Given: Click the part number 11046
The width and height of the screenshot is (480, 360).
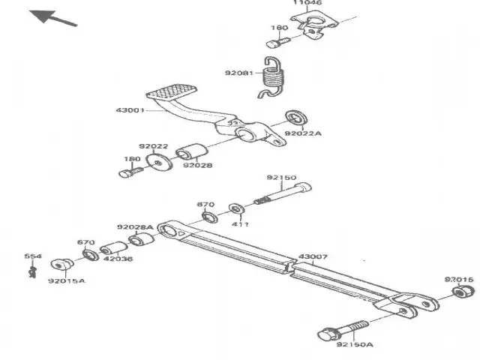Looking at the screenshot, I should click(307, 4).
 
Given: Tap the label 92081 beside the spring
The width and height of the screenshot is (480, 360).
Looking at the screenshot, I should click(238, 73).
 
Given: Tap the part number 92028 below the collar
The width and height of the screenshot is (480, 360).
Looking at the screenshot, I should click(196, 166).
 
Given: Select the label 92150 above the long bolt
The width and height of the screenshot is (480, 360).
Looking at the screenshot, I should click(281, 178).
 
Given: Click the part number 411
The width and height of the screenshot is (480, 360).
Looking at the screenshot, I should click(240, 224).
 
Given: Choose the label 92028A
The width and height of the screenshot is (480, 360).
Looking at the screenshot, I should click(135, 226).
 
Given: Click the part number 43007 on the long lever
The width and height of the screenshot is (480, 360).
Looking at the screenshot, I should click(313, 256).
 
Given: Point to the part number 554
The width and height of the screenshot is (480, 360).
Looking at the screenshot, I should click(32, 256).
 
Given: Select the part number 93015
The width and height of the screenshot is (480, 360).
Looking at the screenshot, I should click(459, 279).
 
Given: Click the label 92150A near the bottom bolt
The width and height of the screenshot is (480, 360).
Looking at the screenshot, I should click(353, 345).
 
